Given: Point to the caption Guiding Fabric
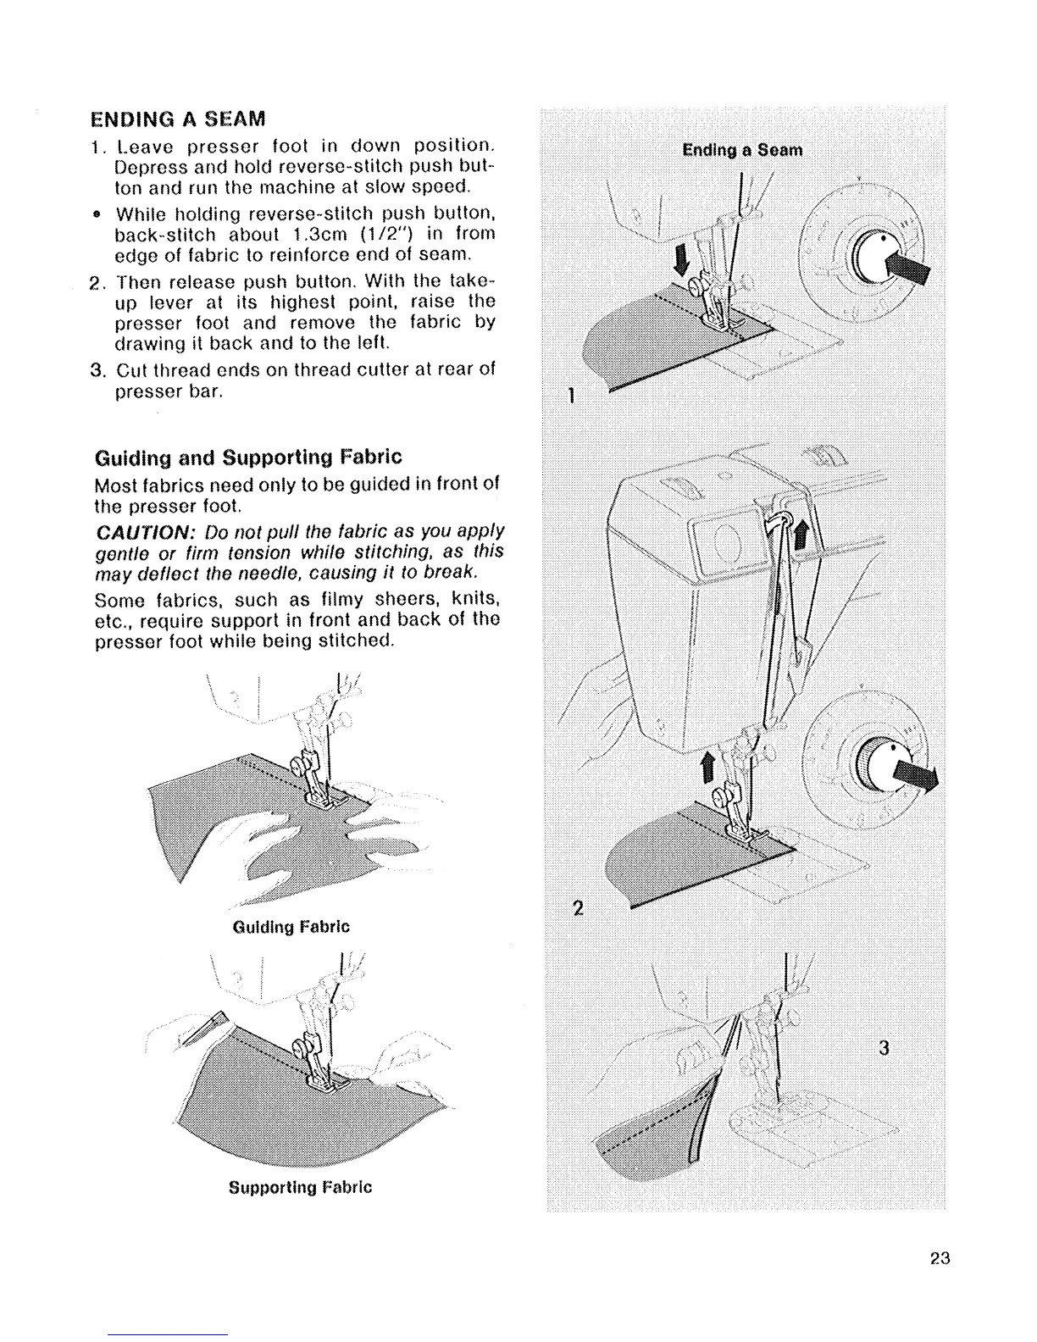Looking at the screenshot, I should (x=291, y=926).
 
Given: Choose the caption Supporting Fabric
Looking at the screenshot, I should (x=300, y=1186).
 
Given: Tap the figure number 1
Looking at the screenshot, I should (x=573, y=395).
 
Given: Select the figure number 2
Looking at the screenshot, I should (x=578, y=909).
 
